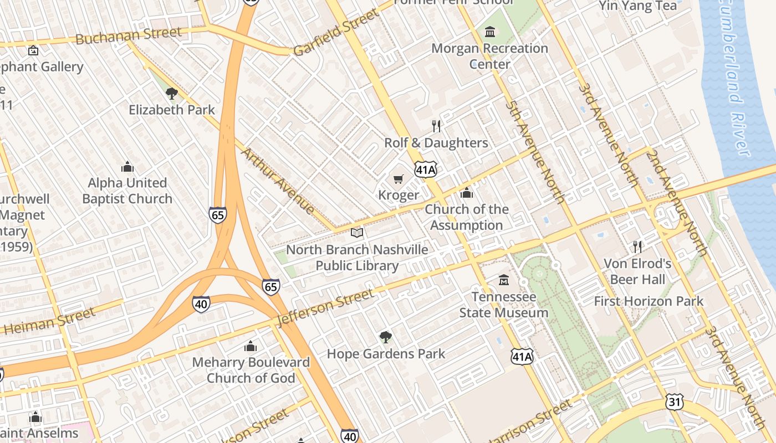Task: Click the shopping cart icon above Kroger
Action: coord(398,179)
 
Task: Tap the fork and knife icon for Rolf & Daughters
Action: coord(436,126)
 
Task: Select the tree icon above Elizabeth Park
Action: coord(172,93)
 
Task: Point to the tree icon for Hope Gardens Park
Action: coord(385,337)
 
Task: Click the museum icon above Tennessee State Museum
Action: coord(504,280)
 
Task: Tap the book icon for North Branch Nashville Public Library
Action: coord(357,233)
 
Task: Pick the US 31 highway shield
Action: coord(675,403)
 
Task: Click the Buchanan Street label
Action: coord(128,36)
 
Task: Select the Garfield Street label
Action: coord(335,32)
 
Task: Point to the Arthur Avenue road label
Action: coord(279,181)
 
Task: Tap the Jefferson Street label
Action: coord(325,307)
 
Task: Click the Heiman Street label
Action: coord(50,322)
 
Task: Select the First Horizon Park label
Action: coord(648,302)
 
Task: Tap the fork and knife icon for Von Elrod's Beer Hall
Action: coord(637,246)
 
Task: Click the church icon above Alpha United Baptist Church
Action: coord(127,167)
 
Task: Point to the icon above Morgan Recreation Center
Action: coord(489,32)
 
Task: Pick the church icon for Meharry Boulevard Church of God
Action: coord(251,346)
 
